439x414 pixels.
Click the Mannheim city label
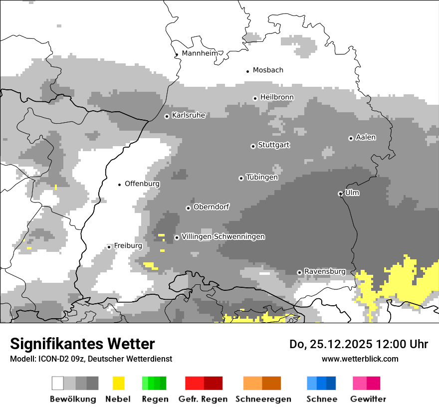(x=200, y=53)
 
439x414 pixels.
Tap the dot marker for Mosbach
(x=247, y=71)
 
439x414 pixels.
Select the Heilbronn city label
(x=277, y=97)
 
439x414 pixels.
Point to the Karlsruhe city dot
(x=167, y=116)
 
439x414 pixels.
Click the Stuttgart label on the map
(x=273, y=145)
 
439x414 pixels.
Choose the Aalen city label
(x=366, y=137)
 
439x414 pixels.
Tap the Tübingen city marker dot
(x=241, y=178)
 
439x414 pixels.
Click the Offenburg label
(x=142, y=184)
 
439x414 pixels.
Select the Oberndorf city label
(x=211, y=207)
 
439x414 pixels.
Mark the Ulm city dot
(x=340, y=194)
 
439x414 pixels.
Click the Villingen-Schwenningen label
(x=223, y=236)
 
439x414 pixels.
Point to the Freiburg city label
(x=128, y=246)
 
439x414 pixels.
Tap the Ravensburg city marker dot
(x=299, y=272)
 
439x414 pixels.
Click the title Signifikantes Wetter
(x=82, y=344)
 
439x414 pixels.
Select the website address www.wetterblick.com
(x=360, y=359)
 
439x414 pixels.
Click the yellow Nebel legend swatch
(x=118, y=383)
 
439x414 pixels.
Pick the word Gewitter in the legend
(x=368, y=399)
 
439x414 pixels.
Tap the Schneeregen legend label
(x=263, y=399)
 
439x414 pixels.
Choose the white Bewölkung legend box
(x=58, y=383)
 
